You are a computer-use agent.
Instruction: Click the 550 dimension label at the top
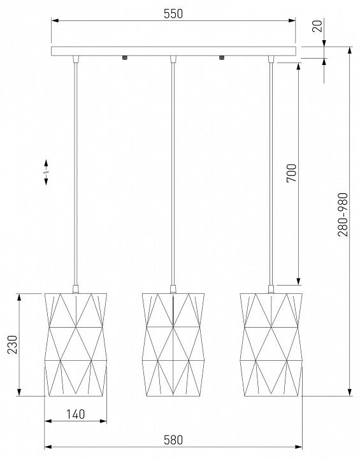(x=173, y=14)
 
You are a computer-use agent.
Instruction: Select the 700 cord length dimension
(x=291, y=173)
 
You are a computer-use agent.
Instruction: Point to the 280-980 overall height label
(x=343, y=215)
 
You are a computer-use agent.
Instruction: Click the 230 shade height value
(x=12, y=344)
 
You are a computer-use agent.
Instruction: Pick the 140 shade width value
(x=76, y=414)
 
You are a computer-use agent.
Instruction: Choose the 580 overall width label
(x=173, y=440)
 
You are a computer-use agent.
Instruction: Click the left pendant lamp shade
(x=76, y=344)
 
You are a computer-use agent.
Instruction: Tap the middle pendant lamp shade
(x=173, y=344)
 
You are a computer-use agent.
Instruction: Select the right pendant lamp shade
(x=271, y=344)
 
